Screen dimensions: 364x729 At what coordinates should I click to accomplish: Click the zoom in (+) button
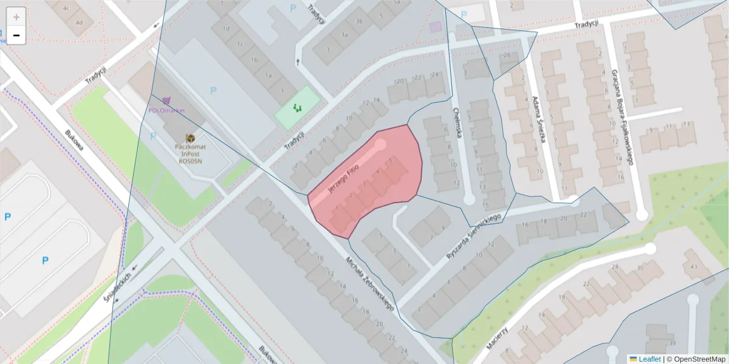point(16,17)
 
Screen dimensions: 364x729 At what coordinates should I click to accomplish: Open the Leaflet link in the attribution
point(649,359)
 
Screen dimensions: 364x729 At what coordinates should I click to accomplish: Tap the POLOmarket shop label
point(166,110)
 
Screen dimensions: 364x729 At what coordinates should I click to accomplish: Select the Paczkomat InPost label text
point(190,155)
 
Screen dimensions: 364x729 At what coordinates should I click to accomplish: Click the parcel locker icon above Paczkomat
point(190,139)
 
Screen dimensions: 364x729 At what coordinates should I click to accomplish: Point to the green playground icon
point(297,107)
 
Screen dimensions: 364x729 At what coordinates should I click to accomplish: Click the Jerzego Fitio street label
point(343,178)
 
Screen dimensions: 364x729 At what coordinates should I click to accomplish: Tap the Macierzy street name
point(498,337)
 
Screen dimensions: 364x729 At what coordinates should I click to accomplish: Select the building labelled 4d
point(79,22)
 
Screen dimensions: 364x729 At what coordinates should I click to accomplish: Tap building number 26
point(507,56)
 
